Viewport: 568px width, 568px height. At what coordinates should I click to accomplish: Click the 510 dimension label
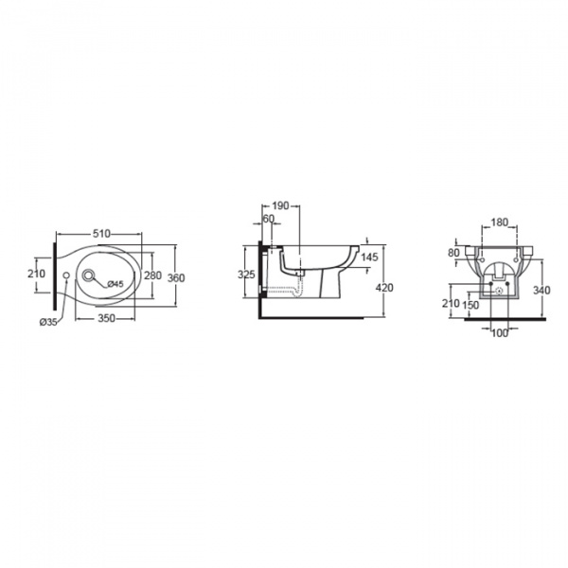click(101, 234)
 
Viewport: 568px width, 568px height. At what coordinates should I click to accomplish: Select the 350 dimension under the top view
click(106, 318)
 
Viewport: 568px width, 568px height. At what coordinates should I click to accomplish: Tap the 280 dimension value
click(152, 275)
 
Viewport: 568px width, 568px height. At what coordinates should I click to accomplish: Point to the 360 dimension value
click(176, 278)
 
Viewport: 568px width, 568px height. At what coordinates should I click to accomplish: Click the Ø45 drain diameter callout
click(115, 284)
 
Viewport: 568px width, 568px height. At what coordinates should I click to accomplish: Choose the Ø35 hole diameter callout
click(48, 322)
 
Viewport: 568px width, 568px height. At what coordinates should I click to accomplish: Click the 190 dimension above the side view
click(280, 205)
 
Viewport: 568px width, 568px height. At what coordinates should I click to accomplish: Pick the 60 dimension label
click(269, 220)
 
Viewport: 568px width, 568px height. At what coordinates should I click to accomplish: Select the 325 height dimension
click(246, 275)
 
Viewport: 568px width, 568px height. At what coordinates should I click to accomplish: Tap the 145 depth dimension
click(369, 257)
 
